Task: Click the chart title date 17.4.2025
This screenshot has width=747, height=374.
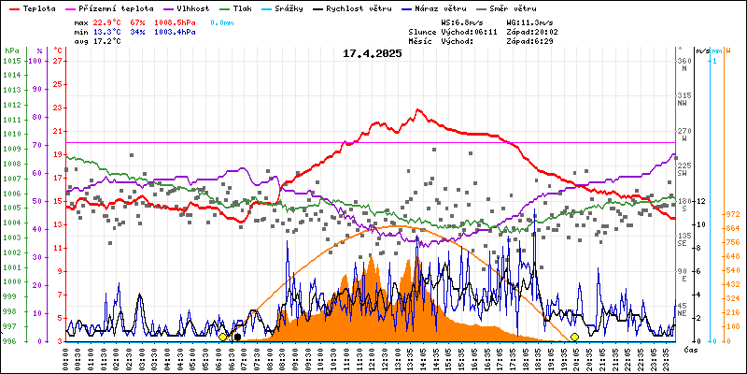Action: [372, 53]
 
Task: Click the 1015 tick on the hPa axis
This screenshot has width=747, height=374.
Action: [11, 61]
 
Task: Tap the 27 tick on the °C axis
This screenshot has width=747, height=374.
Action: [58, 61]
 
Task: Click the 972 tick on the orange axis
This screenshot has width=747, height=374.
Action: [732, 214]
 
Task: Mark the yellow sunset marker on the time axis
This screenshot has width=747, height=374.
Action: [574, 337]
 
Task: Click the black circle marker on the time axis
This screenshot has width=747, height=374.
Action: [237, 338]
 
